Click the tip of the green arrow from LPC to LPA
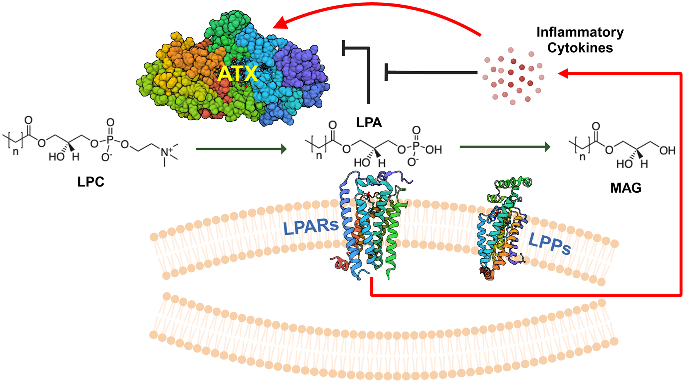(x=287, y=149)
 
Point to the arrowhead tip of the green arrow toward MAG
(x=550, y=147)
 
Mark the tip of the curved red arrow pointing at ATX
(x=273, y=27)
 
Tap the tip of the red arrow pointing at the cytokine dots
(x=558, y=73)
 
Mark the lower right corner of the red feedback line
(x=681, y=296)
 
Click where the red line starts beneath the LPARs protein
(x=371, y=278)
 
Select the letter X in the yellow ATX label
(x=249, y=74)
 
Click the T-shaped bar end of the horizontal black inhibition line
(x=386, y=72)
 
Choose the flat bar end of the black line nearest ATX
(x=343, y=48)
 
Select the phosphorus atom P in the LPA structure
(x=416, y=147)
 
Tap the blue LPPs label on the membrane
(x=549, y=244)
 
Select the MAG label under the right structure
(x=626, y=188)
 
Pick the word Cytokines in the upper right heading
(x=580, y=48)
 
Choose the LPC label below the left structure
(x=91, y=182)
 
